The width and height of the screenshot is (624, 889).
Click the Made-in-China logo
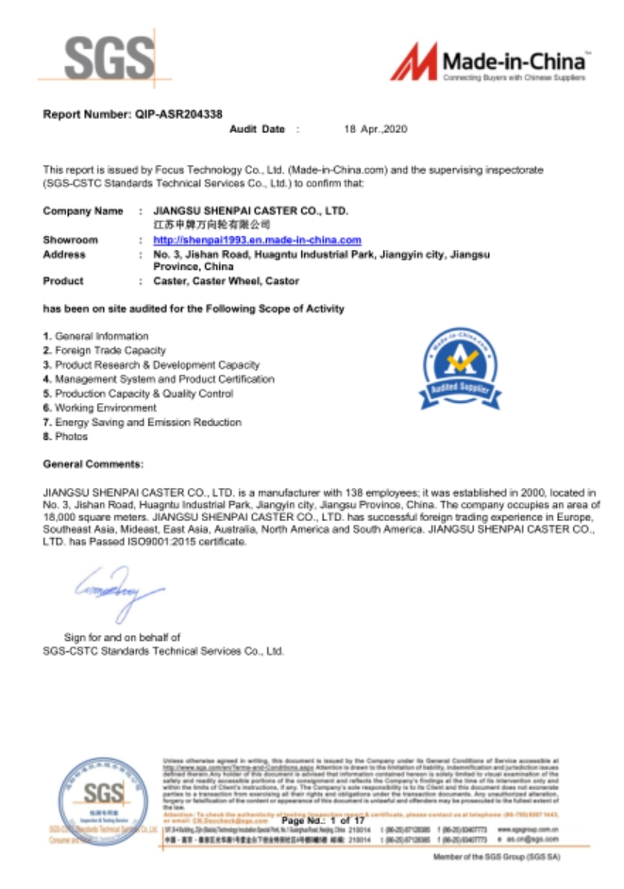coord(492,63)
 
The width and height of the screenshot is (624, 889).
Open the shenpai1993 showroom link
coord(257,241)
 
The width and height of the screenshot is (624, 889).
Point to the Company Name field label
coord(83,211)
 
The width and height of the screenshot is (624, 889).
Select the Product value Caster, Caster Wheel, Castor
coord(226,281)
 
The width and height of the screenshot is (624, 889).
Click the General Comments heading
coord(93,464)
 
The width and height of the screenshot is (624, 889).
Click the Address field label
coord(64,255)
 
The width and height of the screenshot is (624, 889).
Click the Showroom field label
coord(70,241)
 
